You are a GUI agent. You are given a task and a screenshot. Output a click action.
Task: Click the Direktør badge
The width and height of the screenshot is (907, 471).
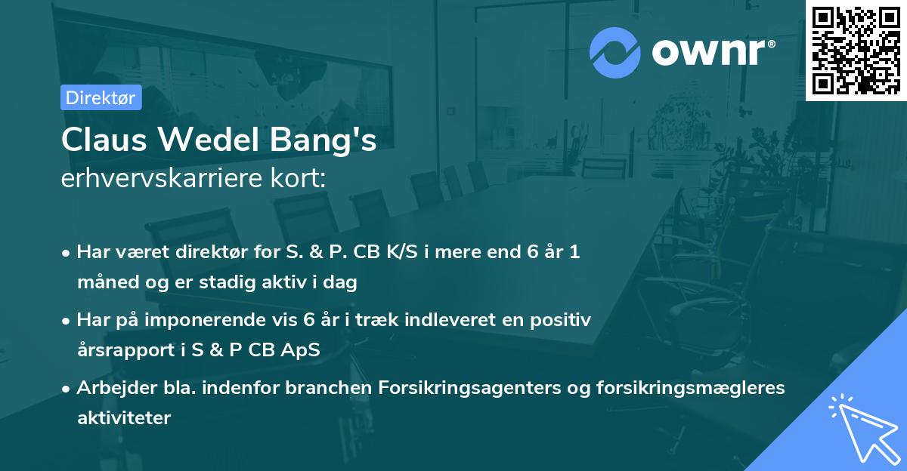click(x=101, y=97)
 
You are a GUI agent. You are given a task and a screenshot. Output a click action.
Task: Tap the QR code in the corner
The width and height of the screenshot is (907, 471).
click(x=856, y=50)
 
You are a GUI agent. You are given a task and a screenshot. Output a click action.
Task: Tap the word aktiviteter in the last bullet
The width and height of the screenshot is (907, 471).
click(x=124, y=417)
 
